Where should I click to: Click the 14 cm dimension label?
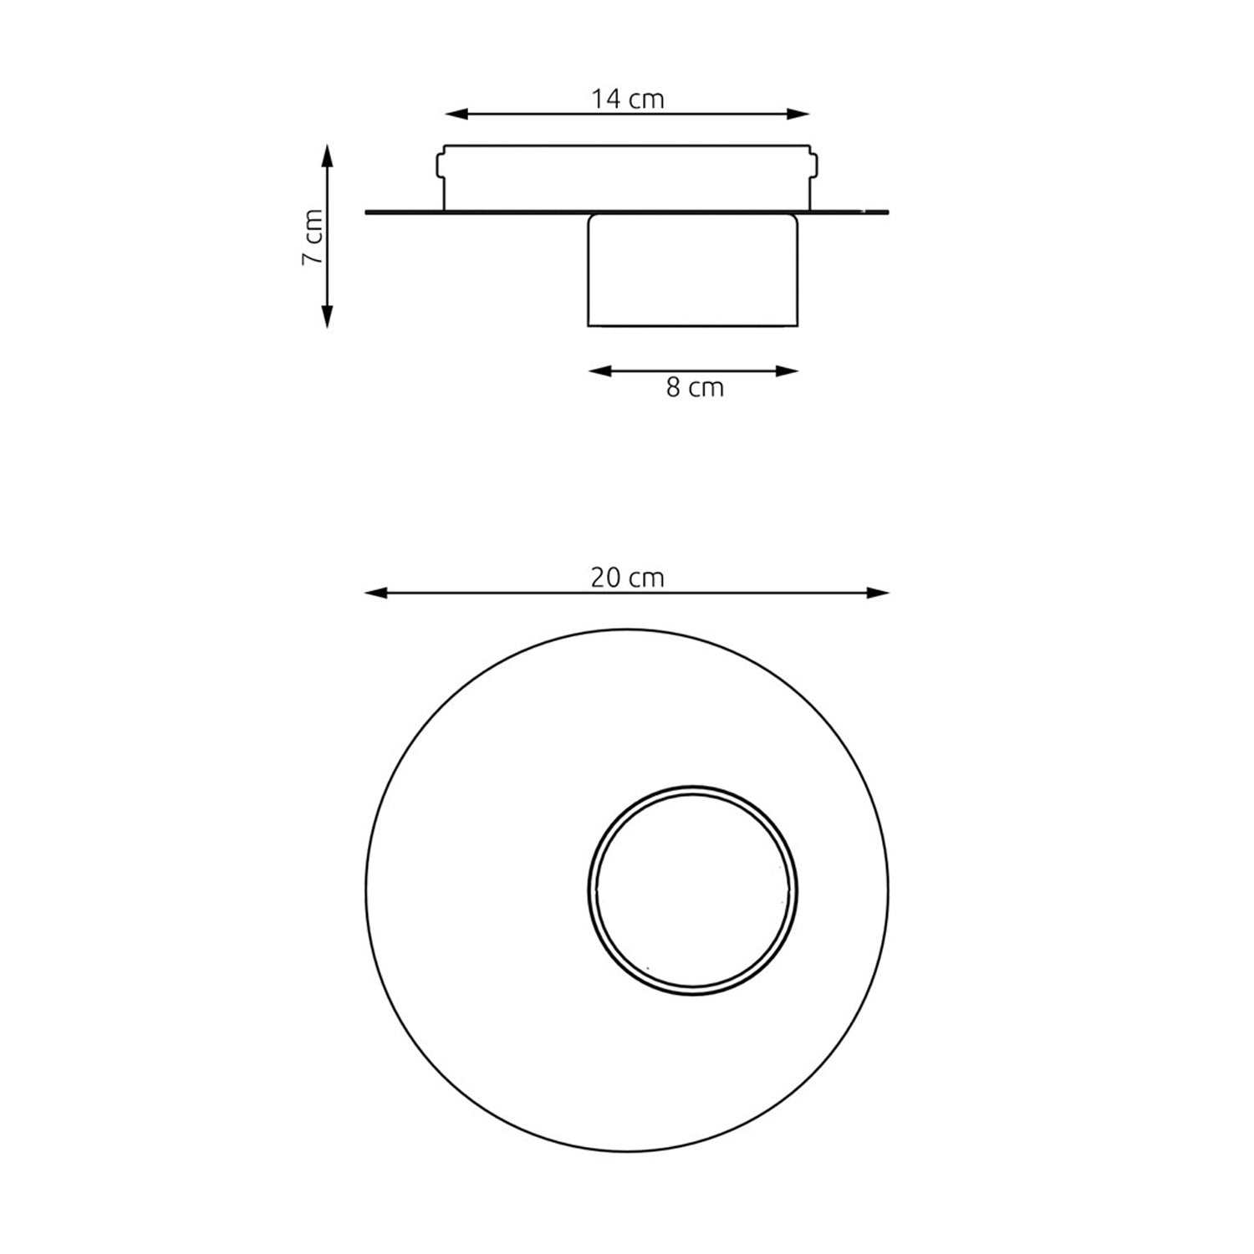628,99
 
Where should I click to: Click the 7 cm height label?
312,236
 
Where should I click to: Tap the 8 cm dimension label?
695,388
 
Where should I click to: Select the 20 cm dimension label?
628,578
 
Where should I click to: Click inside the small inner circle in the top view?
693,890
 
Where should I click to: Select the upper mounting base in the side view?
627,176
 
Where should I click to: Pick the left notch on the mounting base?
440,163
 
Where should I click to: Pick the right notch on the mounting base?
814,163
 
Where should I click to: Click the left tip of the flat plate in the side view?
369,212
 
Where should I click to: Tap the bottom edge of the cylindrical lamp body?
693,325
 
